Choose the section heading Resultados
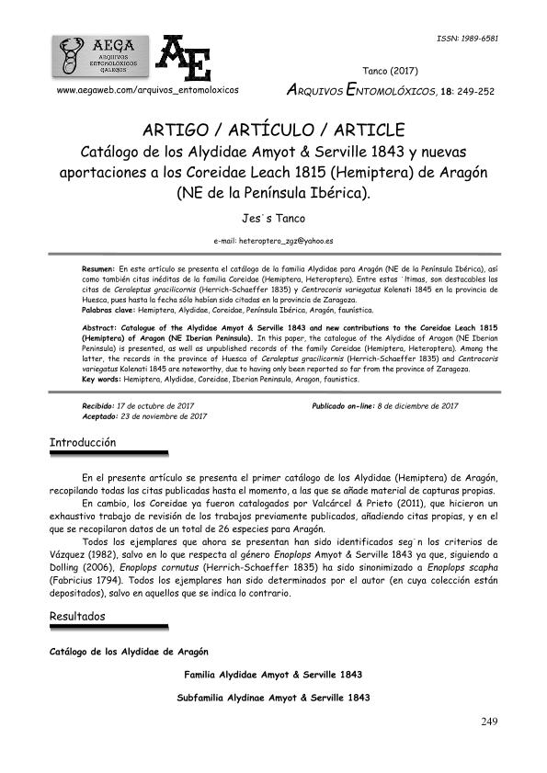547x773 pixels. click(80, 616)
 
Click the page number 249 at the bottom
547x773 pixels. click(489, 721)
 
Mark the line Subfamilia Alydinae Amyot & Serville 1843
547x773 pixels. click(273, 699)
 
